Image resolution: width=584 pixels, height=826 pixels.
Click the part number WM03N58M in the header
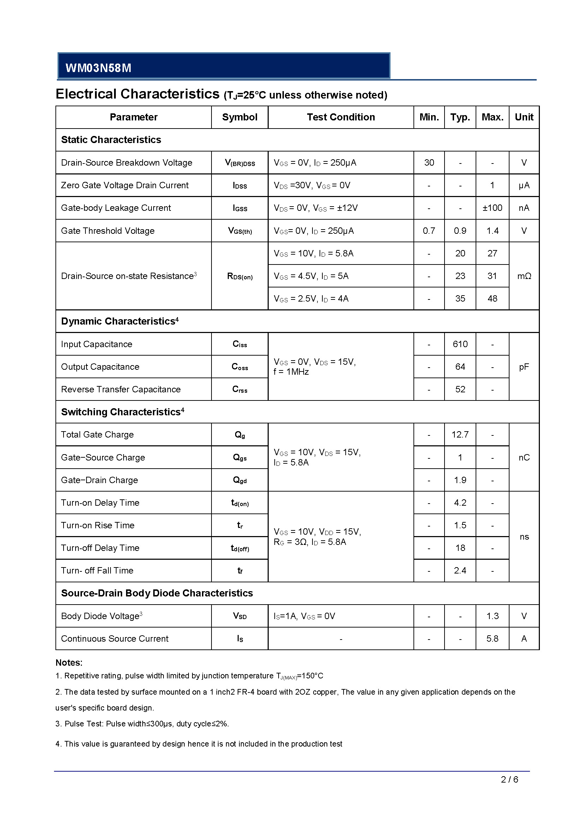pos(98,68)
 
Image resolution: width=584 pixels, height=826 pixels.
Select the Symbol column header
pos(239,117)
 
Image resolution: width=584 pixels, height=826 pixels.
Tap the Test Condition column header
pos(340,117)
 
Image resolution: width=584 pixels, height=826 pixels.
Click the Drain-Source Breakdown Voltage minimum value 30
pos(429,162)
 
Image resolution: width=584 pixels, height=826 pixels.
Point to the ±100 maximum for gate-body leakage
pos(492,208)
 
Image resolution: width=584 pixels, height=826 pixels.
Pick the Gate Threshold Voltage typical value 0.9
pos(460,231)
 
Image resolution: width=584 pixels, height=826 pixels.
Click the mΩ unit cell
pos(524,276)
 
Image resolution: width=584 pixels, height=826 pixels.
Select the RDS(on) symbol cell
pos(239,276)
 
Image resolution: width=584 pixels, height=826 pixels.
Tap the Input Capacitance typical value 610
pos(460,344)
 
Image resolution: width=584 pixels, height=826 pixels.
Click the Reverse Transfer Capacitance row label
pos(121,389)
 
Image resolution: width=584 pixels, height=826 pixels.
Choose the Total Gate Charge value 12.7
pos(460,435)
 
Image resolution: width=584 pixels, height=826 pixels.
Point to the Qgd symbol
pos(239,480)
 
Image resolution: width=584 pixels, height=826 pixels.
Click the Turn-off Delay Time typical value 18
pos(460,548)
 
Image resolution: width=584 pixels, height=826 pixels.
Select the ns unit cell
pos(524,537)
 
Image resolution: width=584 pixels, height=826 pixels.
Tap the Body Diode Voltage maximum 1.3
pos(492,616)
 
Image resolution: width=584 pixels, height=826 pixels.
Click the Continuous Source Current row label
pos(115,638)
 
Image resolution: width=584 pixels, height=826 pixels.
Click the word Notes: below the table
pos(69,662)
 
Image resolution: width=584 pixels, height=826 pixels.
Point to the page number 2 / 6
pos(509,780)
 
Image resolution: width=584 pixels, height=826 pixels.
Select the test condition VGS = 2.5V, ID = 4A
pos(311,299)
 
